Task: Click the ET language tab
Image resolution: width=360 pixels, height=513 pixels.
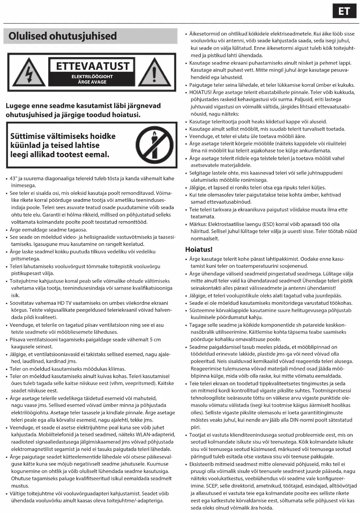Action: [x=344, y=12]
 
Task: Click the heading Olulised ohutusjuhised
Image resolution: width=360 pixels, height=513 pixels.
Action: [x=63, y=36]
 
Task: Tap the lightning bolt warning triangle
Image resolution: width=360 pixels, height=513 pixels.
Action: [x=29, y=73]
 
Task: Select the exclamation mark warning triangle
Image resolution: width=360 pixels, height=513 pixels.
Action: [x=154, y=73]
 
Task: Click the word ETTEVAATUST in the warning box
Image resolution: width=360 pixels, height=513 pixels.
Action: [x=93, y=66]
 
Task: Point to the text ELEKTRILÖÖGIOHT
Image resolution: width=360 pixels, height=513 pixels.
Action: [x=92, y=77]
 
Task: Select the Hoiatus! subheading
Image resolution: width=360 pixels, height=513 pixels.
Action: [x=199, y=249]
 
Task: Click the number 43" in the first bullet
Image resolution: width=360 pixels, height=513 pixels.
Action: [x=13, y=178]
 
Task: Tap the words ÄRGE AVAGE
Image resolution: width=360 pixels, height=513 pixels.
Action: [x=92, y=82]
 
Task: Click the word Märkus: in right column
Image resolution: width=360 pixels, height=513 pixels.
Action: [x=198, y=224]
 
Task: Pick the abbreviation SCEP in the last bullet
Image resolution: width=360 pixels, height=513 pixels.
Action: [x=212, y=486]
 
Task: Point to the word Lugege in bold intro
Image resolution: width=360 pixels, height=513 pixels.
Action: [x=17, y=106]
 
